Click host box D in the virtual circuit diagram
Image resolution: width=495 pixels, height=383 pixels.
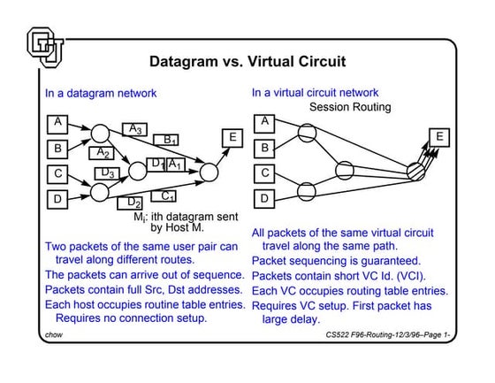(265, 198)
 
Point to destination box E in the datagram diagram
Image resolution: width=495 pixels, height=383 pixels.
(232, 137)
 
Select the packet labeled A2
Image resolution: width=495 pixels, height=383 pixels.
(104, 152)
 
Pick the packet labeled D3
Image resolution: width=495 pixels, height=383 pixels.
(108, 172)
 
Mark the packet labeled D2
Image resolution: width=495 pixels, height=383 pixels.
(134, 203)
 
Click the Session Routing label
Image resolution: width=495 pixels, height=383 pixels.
(349, 107)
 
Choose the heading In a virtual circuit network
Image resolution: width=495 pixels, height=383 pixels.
(315, 93)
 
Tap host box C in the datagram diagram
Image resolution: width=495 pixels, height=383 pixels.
(57, 173)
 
